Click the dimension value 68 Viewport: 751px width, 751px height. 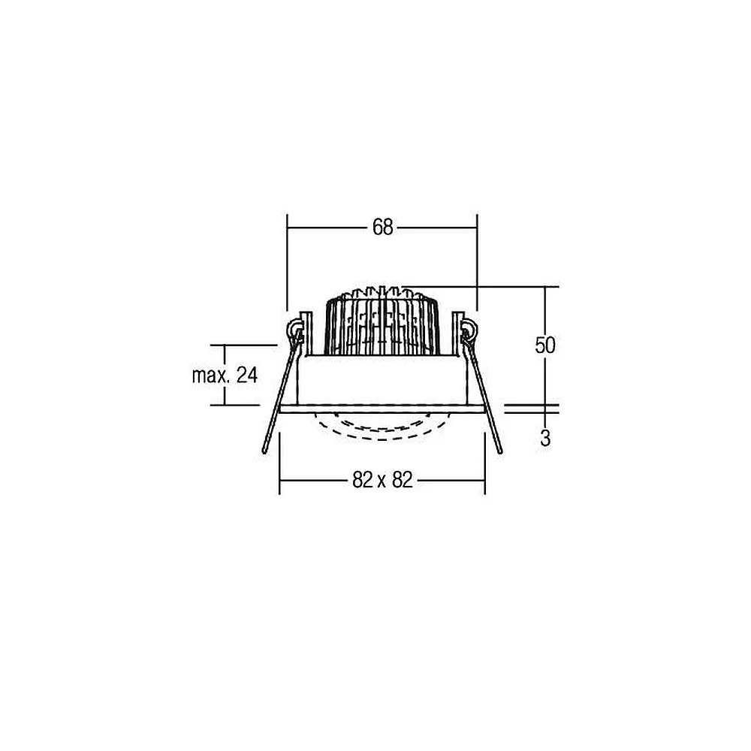pos(383,228)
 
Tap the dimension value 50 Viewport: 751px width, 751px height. pos(545,345)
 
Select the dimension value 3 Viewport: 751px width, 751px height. pos(545,439)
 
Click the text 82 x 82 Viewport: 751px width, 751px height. pos(382,480)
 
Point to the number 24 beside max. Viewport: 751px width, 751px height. pos(247,375)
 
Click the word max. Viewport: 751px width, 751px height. pos(212,376)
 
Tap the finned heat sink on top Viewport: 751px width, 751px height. pos(382,321)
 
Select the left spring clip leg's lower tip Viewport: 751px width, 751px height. pos(264,451)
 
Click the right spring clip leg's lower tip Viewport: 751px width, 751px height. pos(500,451)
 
